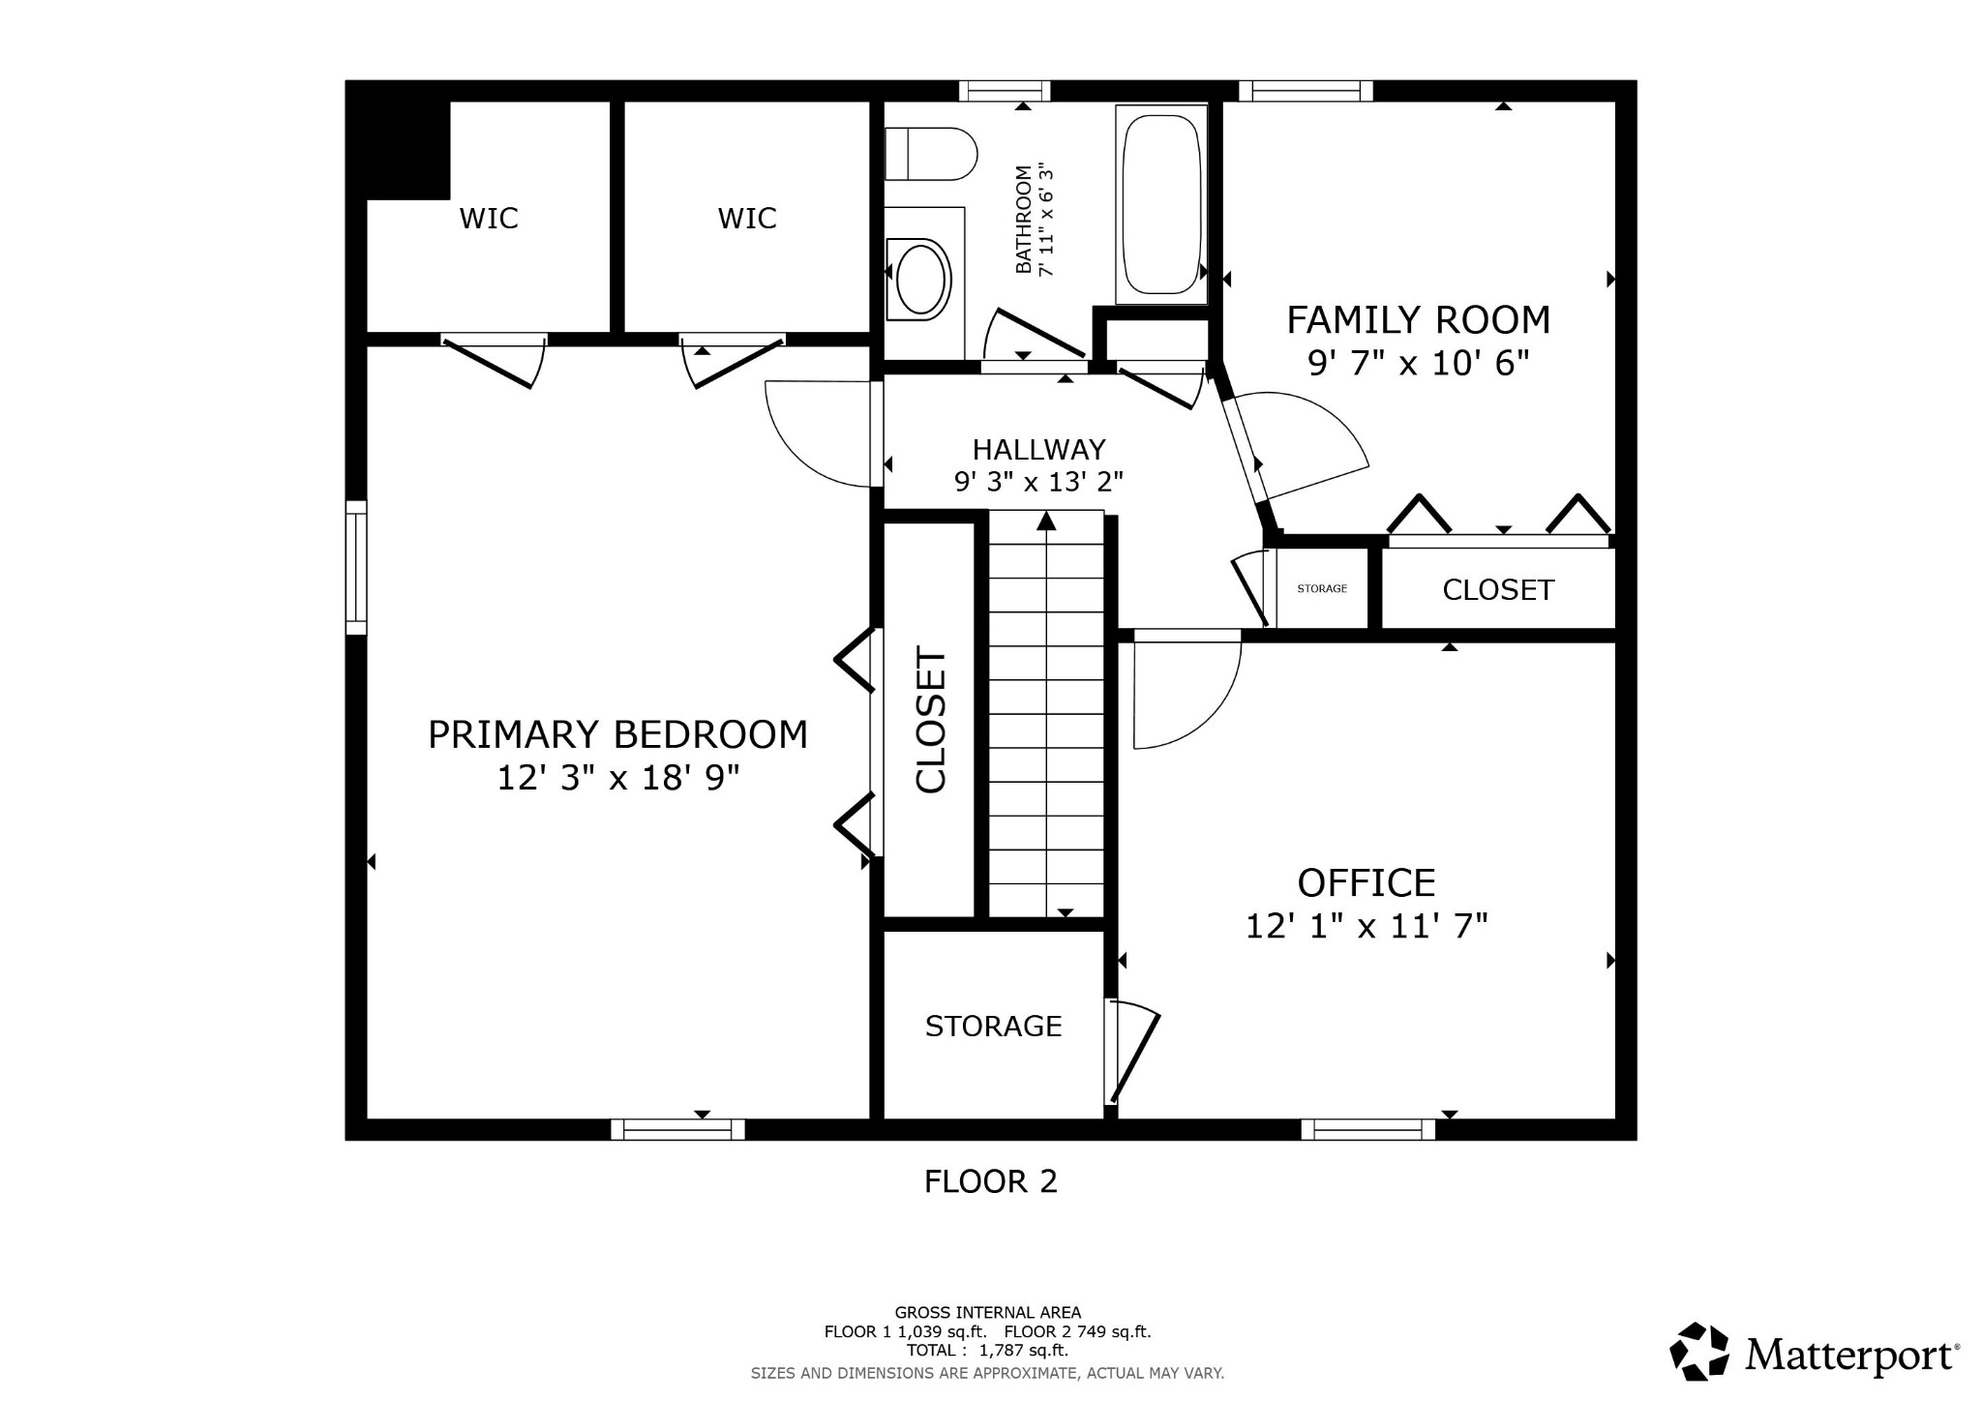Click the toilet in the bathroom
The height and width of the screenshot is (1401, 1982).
[x=930, y=154]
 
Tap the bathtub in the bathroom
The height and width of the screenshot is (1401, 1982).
[x=1161, y=204]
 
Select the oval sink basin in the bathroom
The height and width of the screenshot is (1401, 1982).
[x=920, y=280]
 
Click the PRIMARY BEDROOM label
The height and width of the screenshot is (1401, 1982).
[x=617, y=734]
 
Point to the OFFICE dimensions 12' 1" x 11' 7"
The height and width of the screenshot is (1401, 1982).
[x=1366, y=926]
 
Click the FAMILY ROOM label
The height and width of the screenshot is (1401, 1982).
[x=1418, y=319]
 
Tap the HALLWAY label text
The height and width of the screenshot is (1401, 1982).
[x=1038, y=450]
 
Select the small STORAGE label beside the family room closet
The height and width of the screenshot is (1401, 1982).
[x=1322, y=588]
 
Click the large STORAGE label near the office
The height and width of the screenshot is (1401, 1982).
[x=993, y=1026]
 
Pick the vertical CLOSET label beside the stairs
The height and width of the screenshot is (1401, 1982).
[x=931, y=720]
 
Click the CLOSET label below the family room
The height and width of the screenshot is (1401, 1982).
[x=1498, y=589]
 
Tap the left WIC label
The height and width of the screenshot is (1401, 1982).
[x=489, y=218]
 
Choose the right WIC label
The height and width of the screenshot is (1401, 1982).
[x=747, y=218]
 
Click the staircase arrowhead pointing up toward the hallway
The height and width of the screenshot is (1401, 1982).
[x=1046, y=521]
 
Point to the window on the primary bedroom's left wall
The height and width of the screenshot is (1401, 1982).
[x=356, y=568]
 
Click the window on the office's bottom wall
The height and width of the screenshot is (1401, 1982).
[x=1368, y=1129]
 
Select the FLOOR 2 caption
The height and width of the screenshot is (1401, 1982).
[x=991, y=1181]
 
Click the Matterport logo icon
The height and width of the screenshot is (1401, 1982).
[x=1699, y=1351]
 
